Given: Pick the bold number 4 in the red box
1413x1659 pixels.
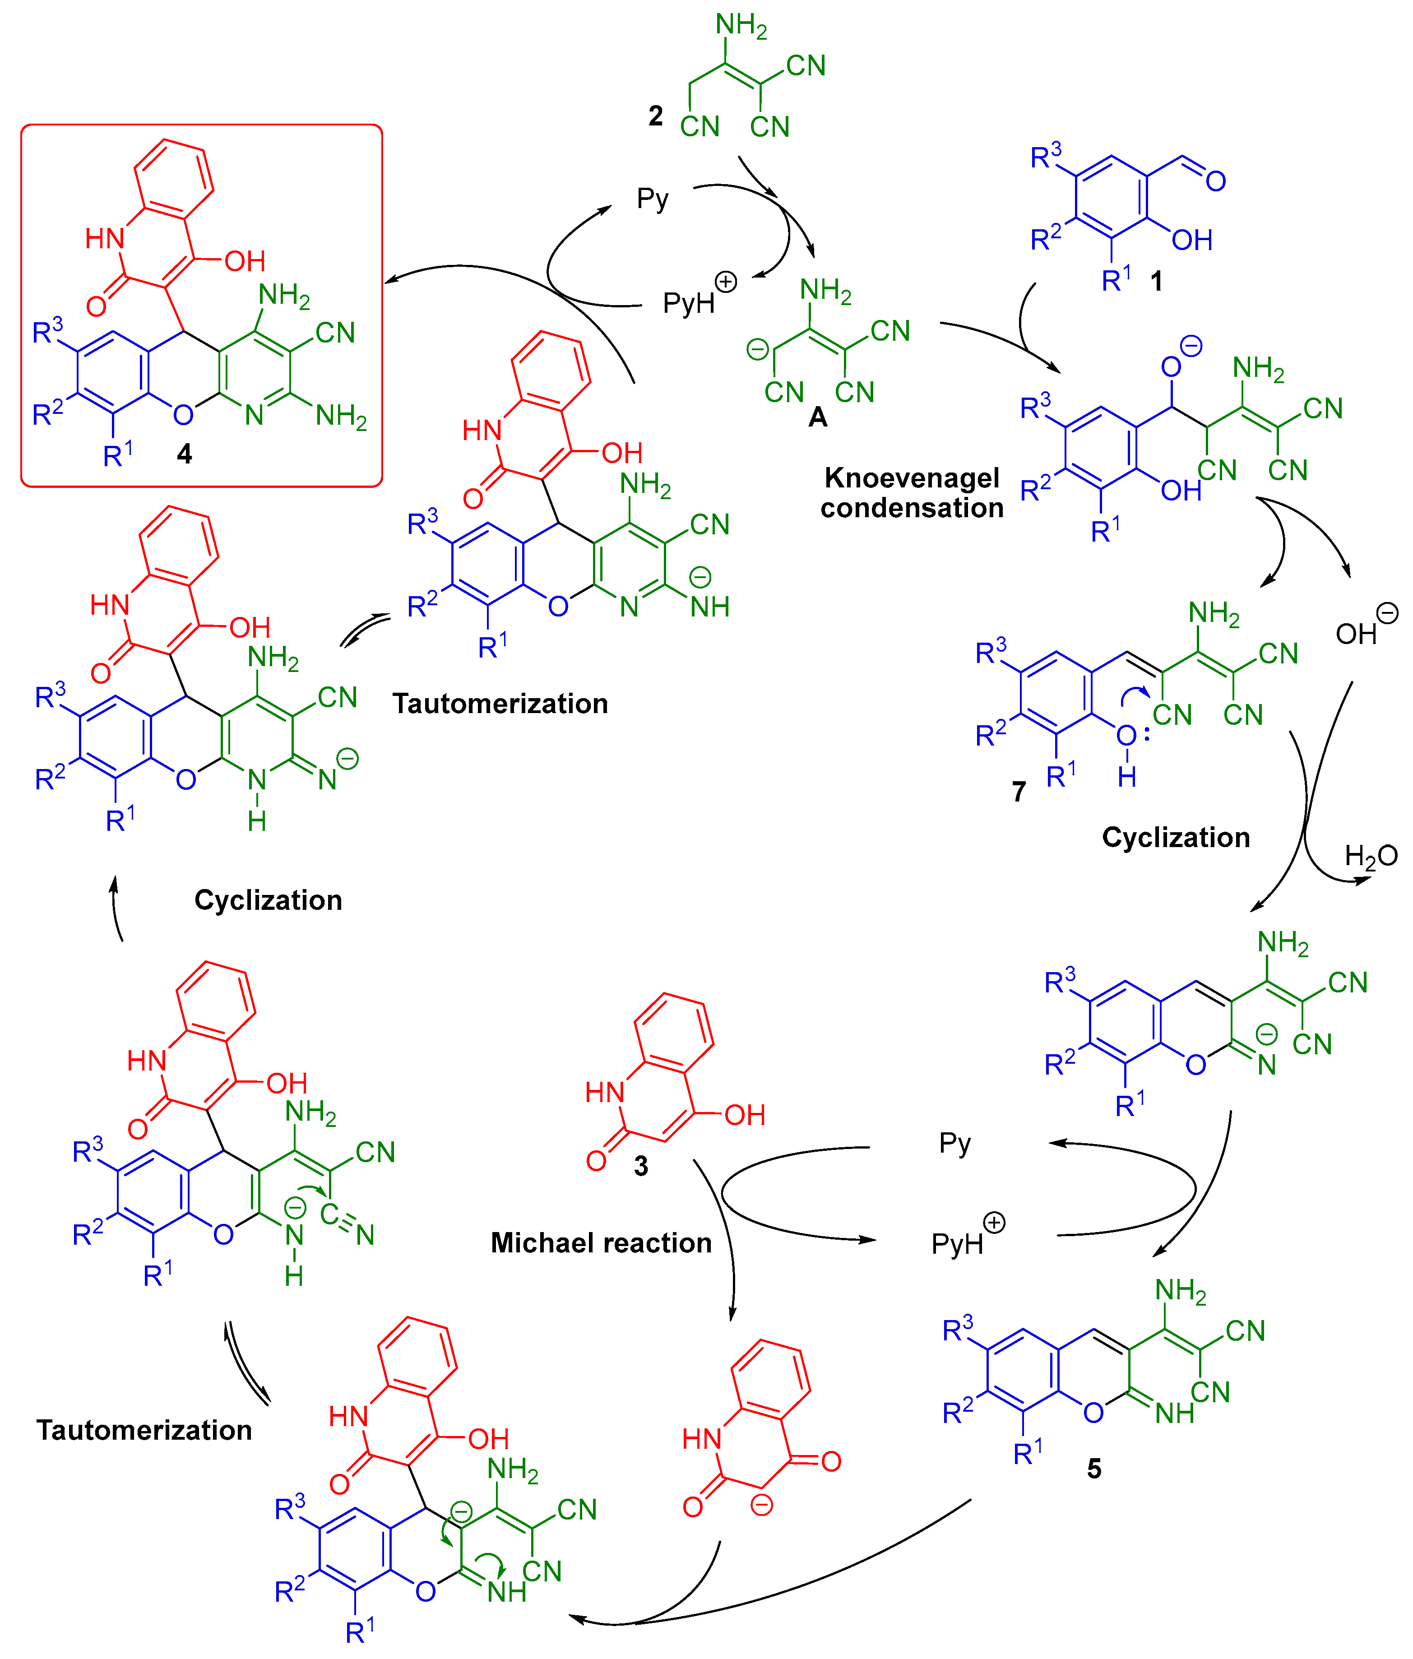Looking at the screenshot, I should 184,454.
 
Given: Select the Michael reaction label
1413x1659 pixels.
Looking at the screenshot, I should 600,1242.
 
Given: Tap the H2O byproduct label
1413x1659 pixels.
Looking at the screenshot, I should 1371,856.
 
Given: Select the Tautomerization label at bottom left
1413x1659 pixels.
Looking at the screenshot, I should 144,1430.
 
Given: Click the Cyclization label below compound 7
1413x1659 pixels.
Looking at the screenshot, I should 1175,838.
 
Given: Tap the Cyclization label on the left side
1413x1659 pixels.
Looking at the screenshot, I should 268,900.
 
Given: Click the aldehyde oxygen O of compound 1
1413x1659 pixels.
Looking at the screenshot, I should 1215,182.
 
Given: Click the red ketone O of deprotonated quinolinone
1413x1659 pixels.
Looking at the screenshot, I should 830,1461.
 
